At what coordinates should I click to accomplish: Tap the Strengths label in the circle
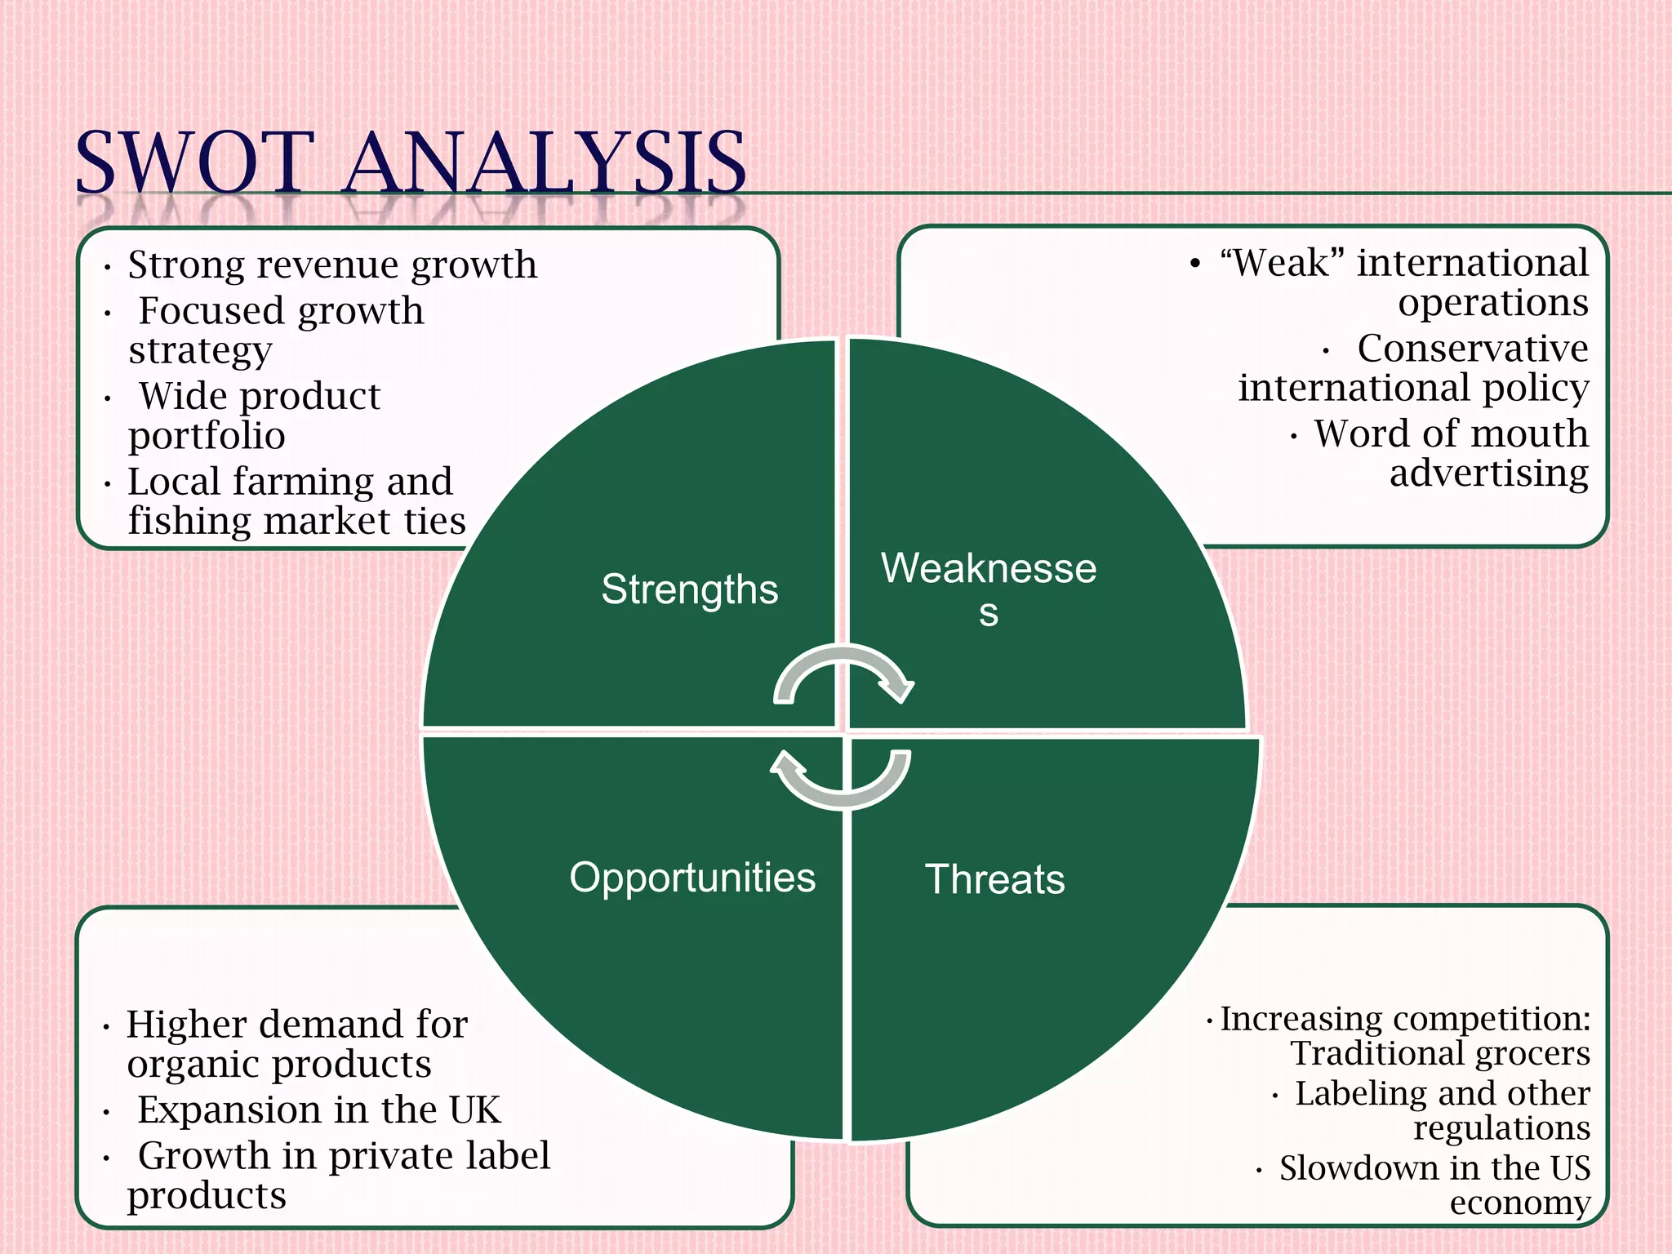(x=689, y=589)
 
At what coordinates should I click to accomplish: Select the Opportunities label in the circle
(x=692, y=878)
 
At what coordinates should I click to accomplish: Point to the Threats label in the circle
(x=994, y=880)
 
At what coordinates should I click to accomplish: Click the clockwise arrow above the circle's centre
(x=844, y=674)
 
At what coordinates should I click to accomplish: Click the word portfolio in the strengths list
(x=207, y=436)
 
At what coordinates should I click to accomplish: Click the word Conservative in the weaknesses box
(x=1472, y=349)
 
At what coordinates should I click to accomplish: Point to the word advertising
(x=1488, y=474)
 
